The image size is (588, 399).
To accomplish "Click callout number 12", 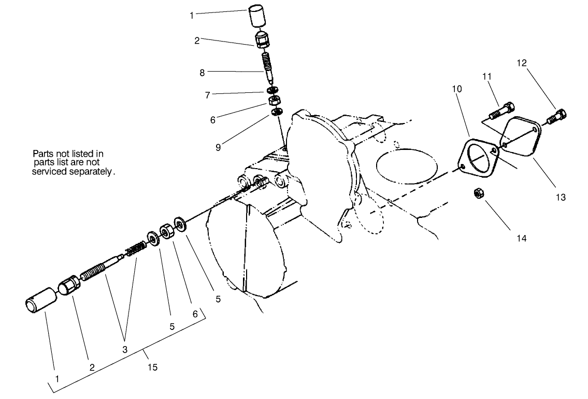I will (521, 63).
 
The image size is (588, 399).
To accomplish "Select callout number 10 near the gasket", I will (456, 89).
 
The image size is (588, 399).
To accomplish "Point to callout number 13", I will (561, 197).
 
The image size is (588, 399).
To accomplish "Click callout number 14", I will (521, 238).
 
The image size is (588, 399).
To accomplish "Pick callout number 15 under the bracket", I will (152, 367).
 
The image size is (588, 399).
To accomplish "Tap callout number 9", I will (218, 146).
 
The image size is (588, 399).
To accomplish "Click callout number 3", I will (124, 350).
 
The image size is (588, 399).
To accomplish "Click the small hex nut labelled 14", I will (479, 195).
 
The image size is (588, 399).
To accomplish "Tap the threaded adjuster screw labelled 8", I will (267, 65).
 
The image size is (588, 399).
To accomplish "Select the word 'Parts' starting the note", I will (44, 154).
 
